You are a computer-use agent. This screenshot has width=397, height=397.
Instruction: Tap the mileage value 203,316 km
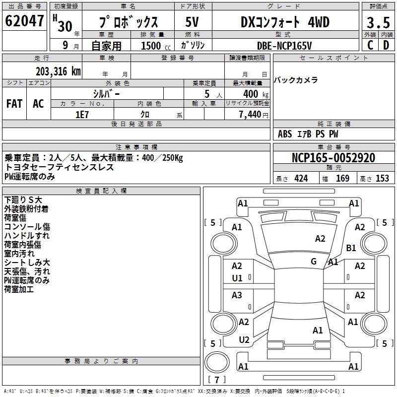pyautogui.click(x=58, y=71)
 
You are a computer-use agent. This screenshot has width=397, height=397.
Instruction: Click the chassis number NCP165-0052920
pyautogui.click(x=333, y=158)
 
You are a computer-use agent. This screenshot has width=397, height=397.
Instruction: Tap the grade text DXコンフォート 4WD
pyautogui.click(x=285, y=22)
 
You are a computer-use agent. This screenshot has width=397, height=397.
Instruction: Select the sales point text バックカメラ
pyautogui.click(x=296, y=80)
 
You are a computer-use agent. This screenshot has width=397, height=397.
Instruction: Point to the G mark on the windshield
pyautogui.click(x=314, y=262)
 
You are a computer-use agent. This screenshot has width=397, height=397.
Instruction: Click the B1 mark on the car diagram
pyautogui.click(x=351, y=248)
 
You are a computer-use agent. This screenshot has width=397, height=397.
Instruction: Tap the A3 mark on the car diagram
pyautogui.click(x=237, y=295)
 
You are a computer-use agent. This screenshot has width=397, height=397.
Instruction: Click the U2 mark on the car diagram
pyautogui.click(x=244, y=340)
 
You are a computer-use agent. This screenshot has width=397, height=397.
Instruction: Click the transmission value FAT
pyautogui.click(x=14, y=103)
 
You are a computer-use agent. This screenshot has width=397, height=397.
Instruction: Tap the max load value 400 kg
pyautogui.click(x=254, y=94)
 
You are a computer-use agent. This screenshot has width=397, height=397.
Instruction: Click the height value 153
pyautogui.click(x=382, y=179)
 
